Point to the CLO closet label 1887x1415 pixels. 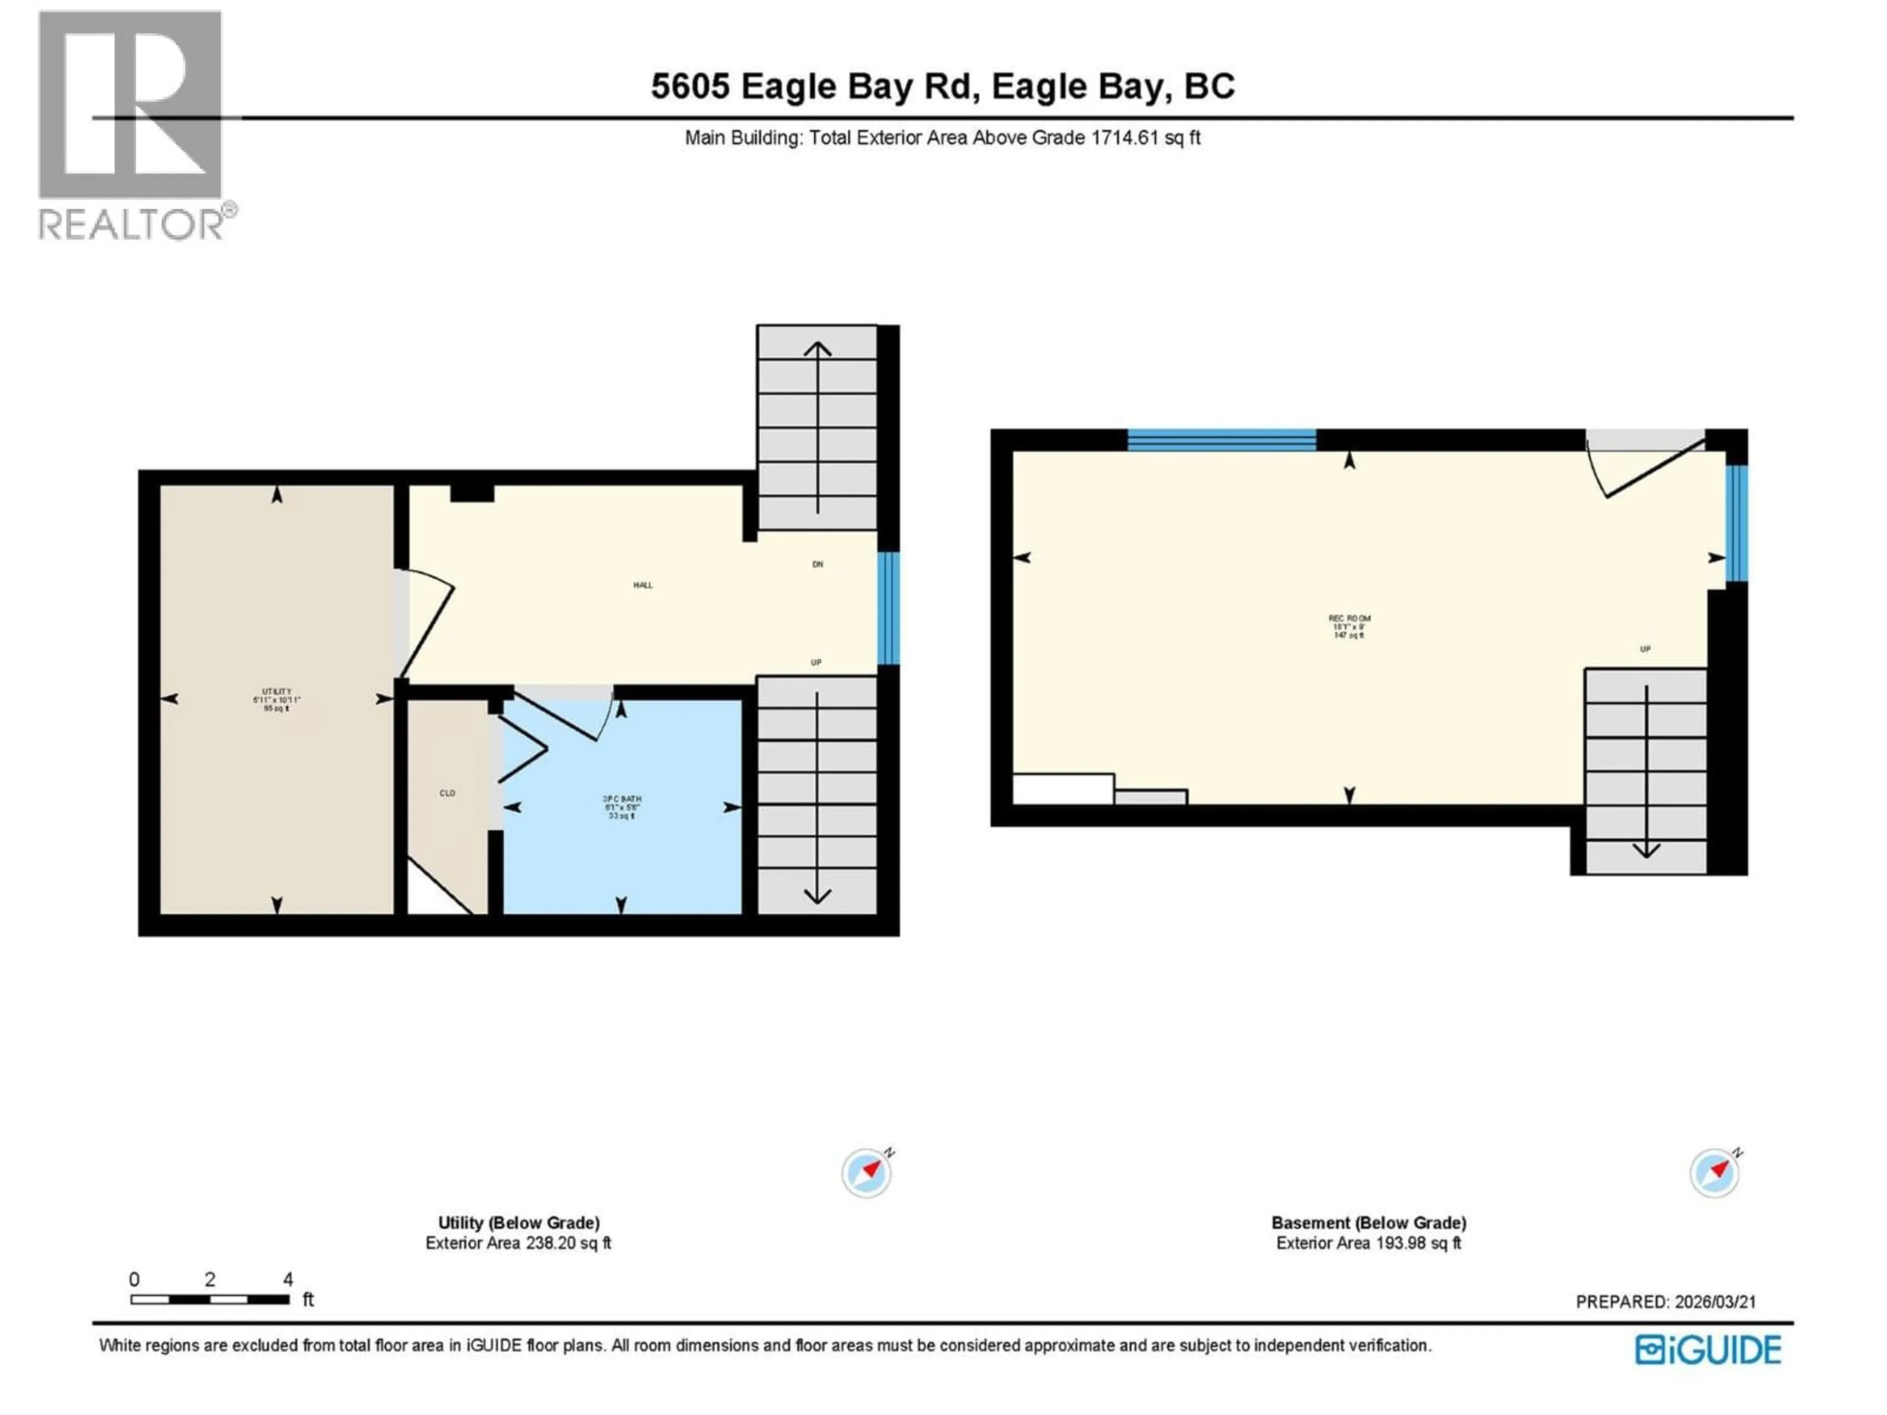click(447, 793)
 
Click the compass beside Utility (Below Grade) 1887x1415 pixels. click(867, 1173)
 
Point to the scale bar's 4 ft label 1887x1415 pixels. click(288, 1279)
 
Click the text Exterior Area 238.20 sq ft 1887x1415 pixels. click(518, 1244)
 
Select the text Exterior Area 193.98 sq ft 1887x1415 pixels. click(1369, 1244)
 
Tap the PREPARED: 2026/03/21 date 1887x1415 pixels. click(1665, 1302)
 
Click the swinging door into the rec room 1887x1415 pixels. click(1646, 469)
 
